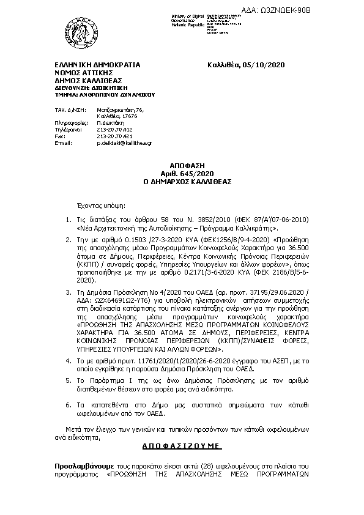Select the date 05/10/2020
point(264,65)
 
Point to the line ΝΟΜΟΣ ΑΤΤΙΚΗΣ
point(84,73)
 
